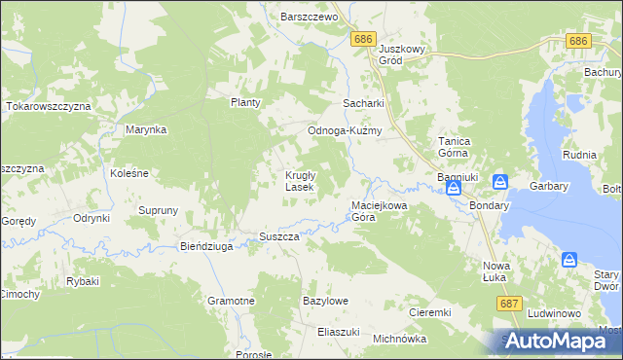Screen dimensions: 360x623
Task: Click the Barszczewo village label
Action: (308, 17)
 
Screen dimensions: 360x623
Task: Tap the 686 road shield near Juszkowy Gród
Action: (363, 38)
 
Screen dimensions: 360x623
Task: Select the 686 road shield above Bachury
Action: (578, 41)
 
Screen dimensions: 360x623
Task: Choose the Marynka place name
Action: (147, 128)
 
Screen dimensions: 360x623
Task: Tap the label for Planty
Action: (247, 102)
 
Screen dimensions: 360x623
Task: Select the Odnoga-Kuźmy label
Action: (344, 130)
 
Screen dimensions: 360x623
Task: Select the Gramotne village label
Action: (231, 302)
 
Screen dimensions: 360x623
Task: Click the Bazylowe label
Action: (326, 302)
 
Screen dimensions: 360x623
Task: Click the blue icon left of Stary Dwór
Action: (568, 260)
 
